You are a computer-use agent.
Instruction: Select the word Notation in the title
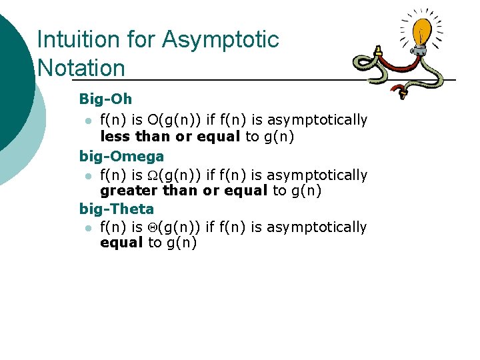click(81, 68)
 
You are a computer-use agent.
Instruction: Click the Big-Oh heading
click(105, 99)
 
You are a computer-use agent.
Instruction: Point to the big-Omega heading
click(121, 157)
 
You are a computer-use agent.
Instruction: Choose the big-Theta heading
click(116, 209)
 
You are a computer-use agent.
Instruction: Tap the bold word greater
click(126, 191)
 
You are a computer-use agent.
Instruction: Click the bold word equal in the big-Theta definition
click(121, 243)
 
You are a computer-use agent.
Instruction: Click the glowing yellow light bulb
click(423, 30)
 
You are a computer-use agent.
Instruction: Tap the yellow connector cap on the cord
click(377, 51)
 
